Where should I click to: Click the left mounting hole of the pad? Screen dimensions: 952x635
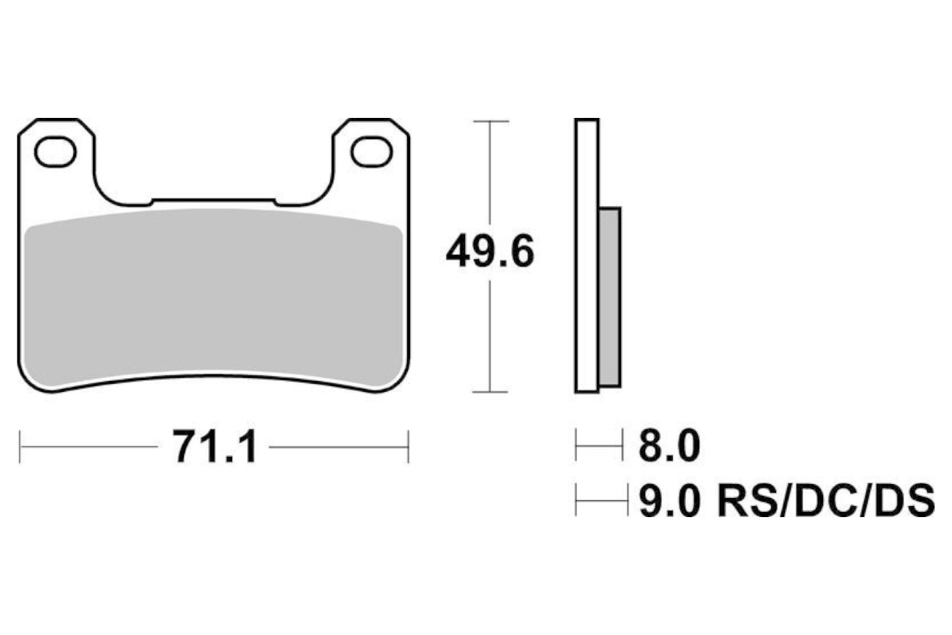pos(55,152)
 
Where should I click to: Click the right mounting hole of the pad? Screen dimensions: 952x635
pos(371,152)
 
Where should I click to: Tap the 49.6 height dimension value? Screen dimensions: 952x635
pos(490,252)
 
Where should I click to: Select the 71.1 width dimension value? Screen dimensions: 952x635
pos(214,447)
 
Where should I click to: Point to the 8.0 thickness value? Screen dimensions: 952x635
pos(669,445)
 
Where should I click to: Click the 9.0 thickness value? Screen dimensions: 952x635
pos(669,501)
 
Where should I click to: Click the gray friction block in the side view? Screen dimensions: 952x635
pos(610,297)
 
